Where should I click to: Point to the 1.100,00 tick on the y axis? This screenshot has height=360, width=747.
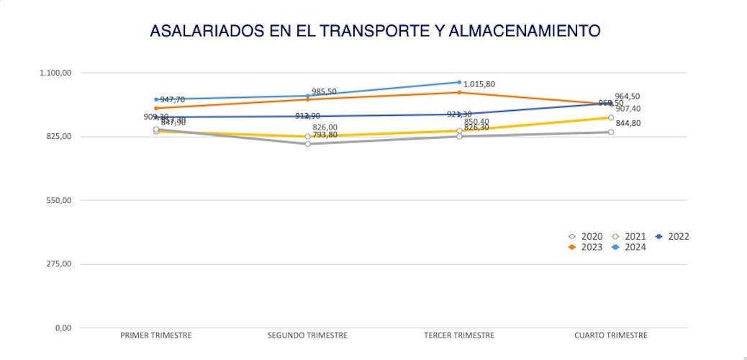55,73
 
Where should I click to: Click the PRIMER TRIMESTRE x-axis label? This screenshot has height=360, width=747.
156,336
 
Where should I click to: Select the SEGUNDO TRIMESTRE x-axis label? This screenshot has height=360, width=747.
307,336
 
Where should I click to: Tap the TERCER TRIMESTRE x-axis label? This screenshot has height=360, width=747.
459,336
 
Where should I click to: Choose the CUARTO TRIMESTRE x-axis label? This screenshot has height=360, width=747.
611,336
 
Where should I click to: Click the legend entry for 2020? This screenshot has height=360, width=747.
586,236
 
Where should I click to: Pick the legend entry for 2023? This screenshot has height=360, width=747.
586,247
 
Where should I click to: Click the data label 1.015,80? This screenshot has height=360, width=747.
479,84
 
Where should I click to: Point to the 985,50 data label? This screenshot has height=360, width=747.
324,91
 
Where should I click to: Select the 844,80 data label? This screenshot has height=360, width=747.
628,123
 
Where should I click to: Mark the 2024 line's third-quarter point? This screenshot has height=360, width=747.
459,82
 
